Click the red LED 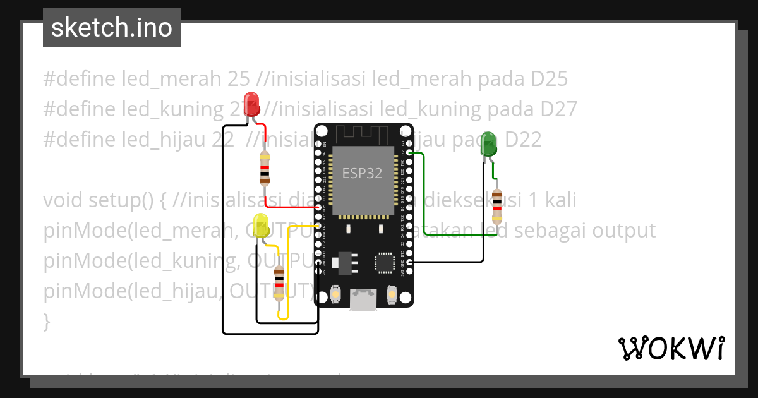click(x=251, y=105)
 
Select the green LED click(x=488, y=144)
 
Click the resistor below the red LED click(x=265, y=167)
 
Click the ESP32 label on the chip click(x=362, y=173)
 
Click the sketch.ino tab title click(x=112, y=28)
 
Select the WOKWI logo click(x=671, y=348)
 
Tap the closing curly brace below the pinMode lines click(x=46, y=322)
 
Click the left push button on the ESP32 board click(x=335, y=294)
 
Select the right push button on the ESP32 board click(x=392, y=294)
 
